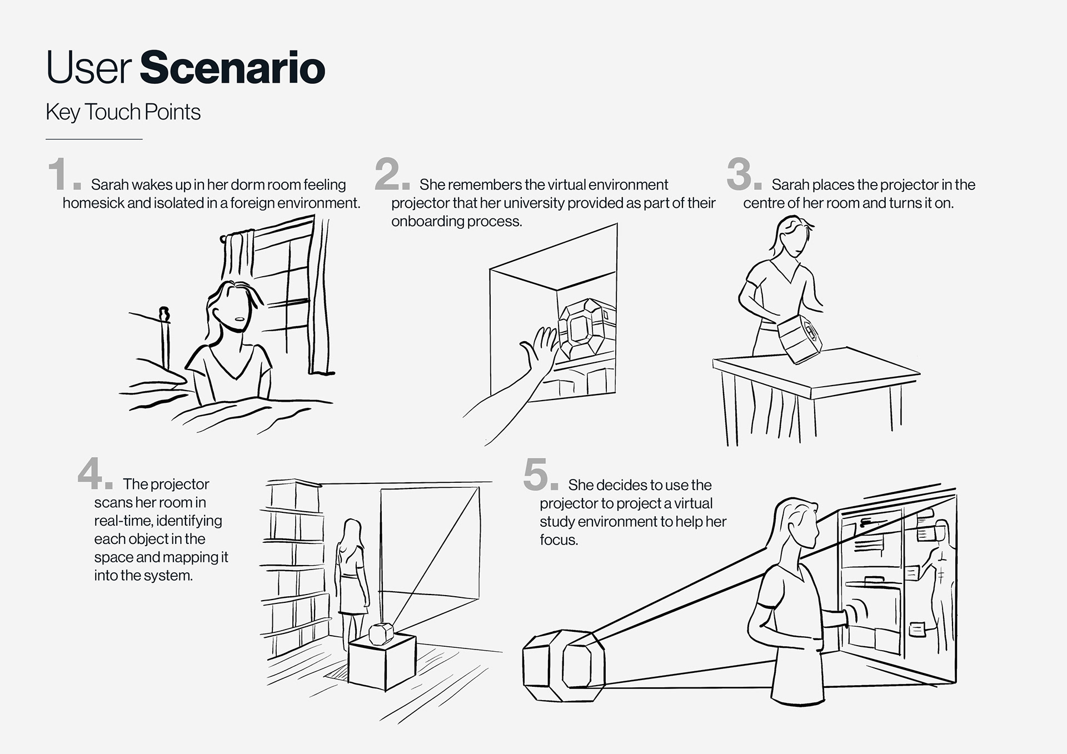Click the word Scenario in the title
(x=232, y=68)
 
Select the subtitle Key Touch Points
(x=123, y=112)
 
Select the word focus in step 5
(x=559, y=540)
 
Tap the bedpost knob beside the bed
(x=164, y=314)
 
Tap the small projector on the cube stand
(x=381, y=634)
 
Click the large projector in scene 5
(x=564, y=665)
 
